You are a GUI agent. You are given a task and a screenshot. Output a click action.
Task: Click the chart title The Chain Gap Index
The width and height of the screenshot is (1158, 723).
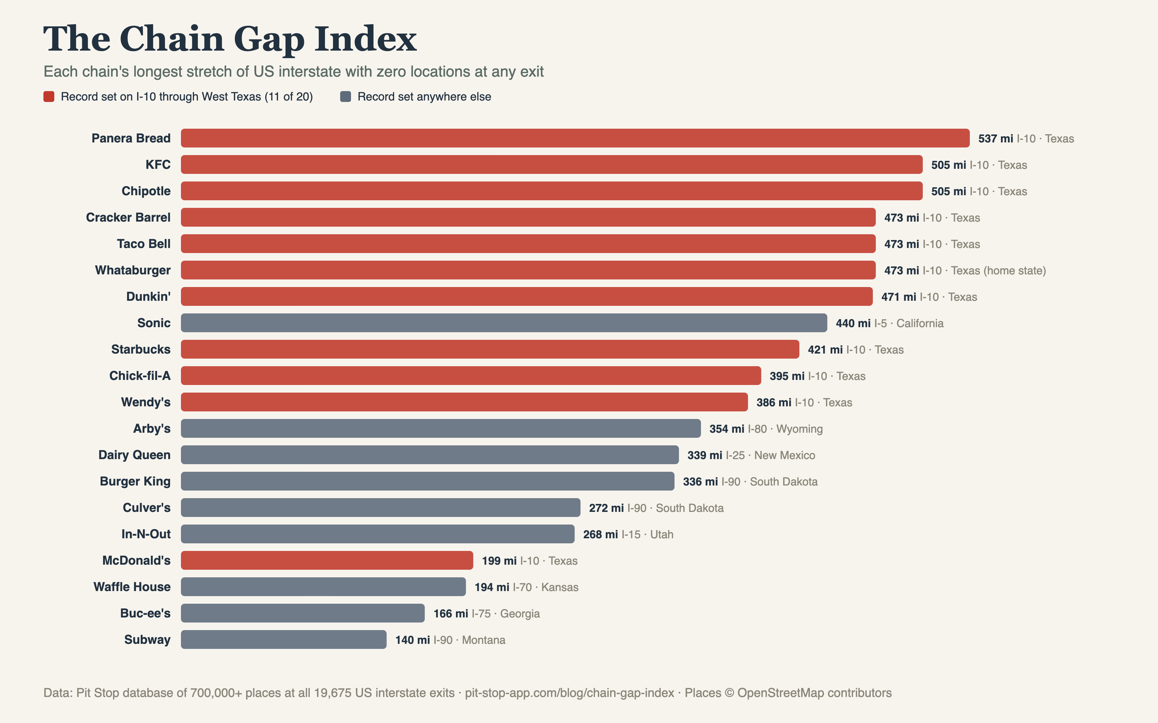pyautogui.click(x=230, y=39)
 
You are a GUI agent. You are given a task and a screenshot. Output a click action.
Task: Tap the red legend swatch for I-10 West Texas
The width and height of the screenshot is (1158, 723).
pyautogui.click(x=49, y=97)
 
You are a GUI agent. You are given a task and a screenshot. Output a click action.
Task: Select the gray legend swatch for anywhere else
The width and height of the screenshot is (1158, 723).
pyautogui.click(x=346, y=97)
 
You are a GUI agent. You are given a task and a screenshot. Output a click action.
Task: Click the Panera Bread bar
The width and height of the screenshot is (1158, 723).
pyautogui.click(x=575, y=138)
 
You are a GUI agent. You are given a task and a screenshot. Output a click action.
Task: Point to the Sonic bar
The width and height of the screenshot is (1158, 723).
pyautogui.click(x=504, y=323)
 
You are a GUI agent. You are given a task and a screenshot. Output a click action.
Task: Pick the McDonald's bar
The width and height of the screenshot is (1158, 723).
pyautogui.click(x=327, y=560)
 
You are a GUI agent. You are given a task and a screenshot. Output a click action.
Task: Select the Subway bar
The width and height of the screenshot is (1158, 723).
pyautogui.click(x=284, y=639)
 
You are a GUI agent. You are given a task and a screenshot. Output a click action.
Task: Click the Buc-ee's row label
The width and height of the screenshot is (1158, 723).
pyautogui.click(x=145, y=613)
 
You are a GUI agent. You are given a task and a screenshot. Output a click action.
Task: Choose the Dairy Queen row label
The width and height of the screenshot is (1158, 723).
pyautogui.click(x=135, y=455)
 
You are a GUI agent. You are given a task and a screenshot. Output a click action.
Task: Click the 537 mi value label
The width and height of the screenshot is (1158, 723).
pyautogui.click(x=996, y=139)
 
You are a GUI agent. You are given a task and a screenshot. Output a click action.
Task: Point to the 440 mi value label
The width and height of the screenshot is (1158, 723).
pyautogui.click(x=853, y=323)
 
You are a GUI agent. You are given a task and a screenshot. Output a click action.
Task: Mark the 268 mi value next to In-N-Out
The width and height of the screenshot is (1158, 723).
pyautogui.click(x=601, y=535)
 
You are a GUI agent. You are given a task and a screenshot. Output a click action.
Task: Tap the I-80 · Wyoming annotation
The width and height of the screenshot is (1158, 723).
pyautogui.click(x=785, y=429)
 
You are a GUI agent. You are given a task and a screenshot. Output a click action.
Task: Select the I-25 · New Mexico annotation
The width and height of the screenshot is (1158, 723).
pyautogui.click(x=770, y=455)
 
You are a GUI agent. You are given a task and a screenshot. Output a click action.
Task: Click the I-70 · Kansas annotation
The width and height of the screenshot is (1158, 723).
pyautogui.click(x=545, y=587)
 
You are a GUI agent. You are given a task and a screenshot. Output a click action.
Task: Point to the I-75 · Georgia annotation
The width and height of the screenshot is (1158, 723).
pyautogui.click(x=506, y=613)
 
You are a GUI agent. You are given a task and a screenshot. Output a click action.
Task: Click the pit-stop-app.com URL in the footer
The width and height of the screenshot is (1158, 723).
pyautogui.click(x=570, y=693)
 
